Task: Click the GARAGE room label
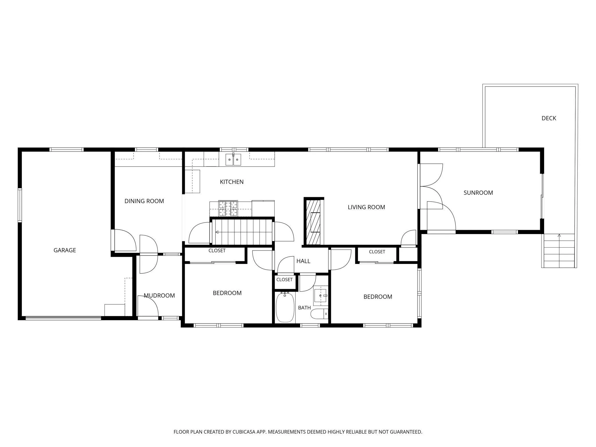coord(65,250)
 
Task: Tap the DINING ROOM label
coord(144,201)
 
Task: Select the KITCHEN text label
coord(232,182)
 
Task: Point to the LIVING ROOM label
coord(366,207)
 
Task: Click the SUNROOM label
coord(478,193)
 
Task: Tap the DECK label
coord(549,118)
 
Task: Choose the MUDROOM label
coord(159,295)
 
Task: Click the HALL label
coord(303,261)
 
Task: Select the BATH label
coord(304,308)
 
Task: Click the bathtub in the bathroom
coord(285,307)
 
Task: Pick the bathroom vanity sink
coord(320,295)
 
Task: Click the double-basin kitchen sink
coord(233,159)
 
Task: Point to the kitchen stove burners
coord(228,208)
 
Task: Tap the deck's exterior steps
coord(559,251)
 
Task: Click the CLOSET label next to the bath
coord(284,280)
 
